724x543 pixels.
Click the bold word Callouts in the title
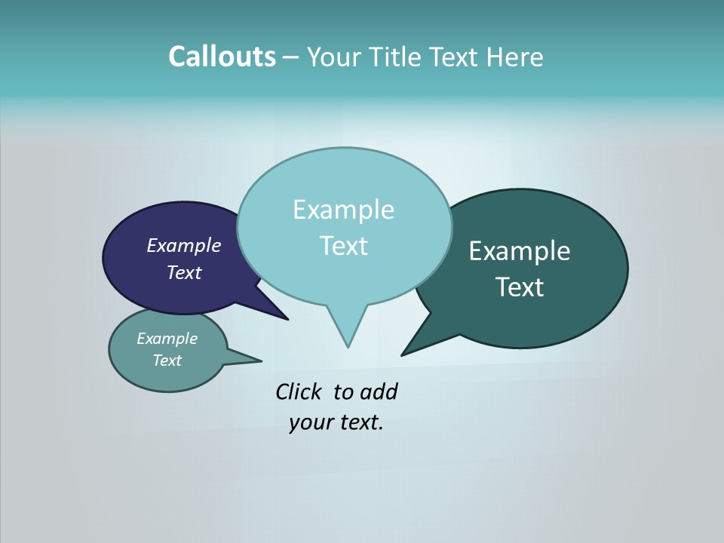coord(222,57)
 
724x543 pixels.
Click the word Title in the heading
coord(394,57)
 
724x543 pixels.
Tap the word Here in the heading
coord(515,57)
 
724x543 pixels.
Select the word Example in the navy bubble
coord(183,246)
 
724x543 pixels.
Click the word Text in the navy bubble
coord(183,272)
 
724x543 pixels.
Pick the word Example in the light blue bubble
coord(343,210)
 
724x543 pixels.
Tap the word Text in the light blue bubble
coord(343,246)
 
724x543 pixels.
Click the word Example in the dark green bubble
coord(519,250)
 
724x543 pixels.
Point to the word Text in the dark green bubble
coord(519,287)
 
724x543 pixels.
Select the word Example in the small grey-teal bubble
coord(167,339)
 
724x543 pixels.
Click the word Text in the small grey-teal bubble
coord(167,360)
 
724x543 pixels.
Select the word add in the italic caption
coord(379,391)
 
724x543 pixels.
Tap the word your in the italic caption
coord(310,422)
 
